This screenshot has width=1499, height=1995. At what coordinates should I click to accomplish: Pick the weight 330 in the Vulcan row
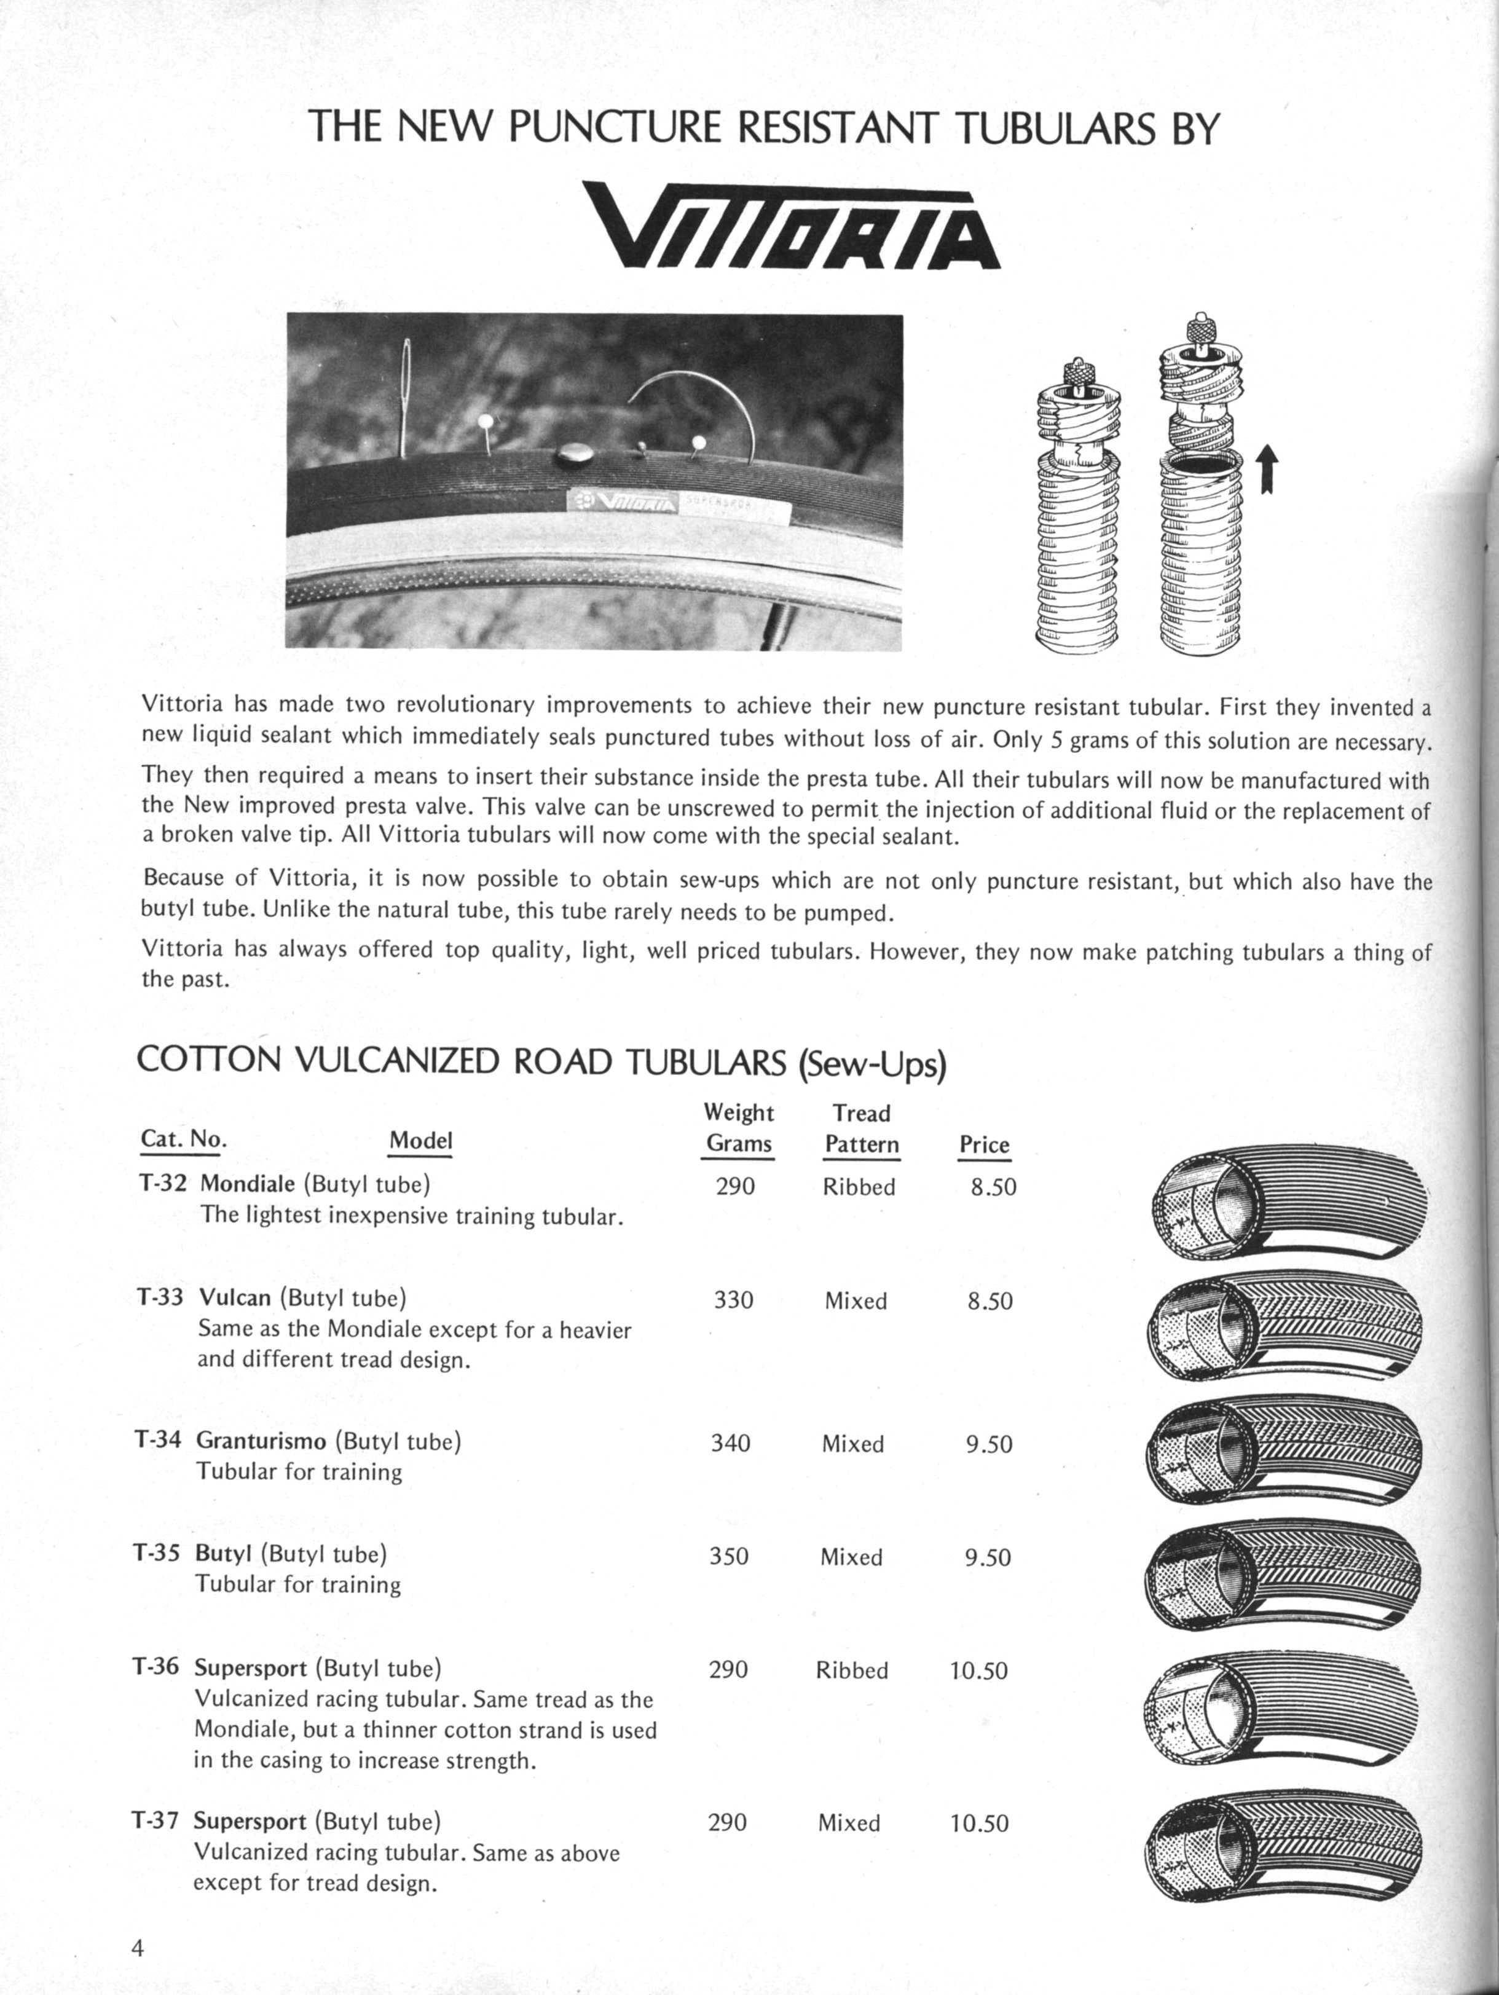733,1300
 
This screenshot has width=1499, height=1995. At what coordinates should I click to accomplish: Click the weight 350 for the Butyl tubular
729,1557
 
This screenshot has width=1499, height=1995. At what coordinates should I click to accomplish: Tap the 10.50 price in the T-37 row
978,1823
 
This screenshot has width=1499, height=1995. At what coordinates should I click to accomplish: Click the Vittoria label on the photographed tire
623,502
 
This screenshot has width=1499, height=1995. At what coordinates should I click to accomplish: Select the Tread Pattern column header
861,1128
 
